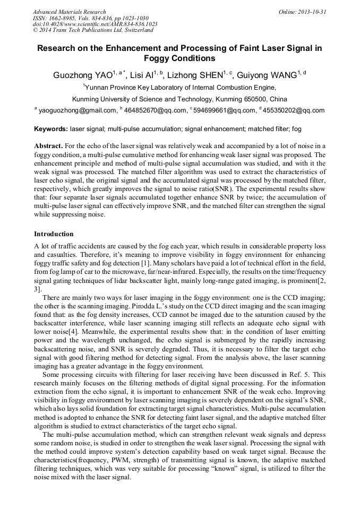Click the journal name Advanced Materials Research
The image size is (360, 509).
pos(70,12)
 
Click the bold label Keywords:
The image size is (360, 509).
pos(51,129)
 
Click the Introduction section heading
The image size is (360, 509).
pos(54,234)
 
